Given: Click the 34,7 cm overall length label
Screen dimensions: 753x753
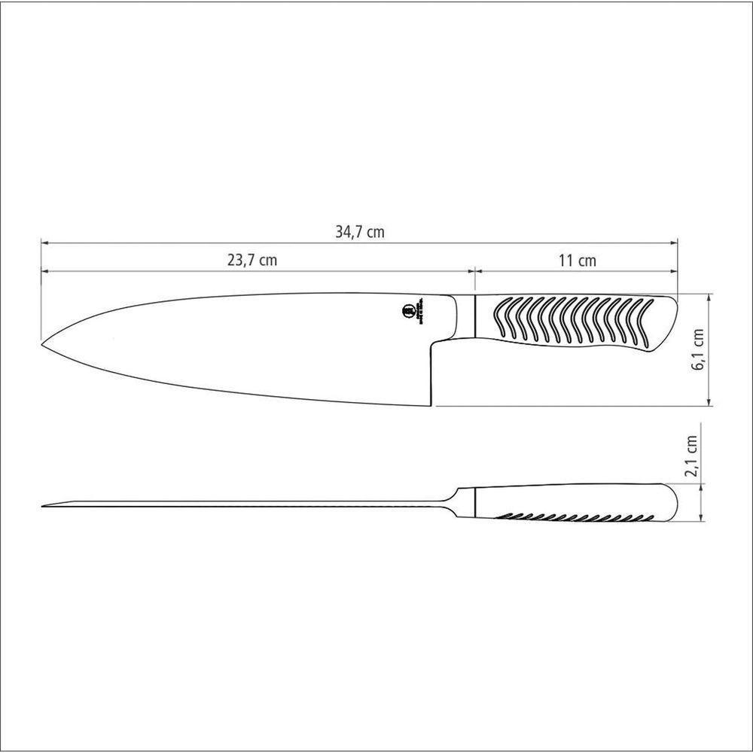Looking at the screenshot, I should pos(359,232).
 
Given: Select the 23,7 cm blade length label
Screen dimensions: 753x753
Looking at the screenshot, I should pos(252,261).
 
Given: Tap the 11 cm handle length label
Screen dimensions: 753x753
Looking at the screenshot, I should pos(578,261).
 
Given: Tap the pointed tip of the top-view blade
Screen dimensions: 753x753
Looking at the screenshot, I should pos(43,344).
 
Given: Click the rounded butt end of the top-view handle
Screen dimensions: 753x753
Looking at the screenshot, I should pos(674,309).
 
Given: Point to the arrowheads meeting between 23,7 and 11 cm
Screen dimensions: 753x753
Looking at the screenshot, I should pos(474,270).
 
